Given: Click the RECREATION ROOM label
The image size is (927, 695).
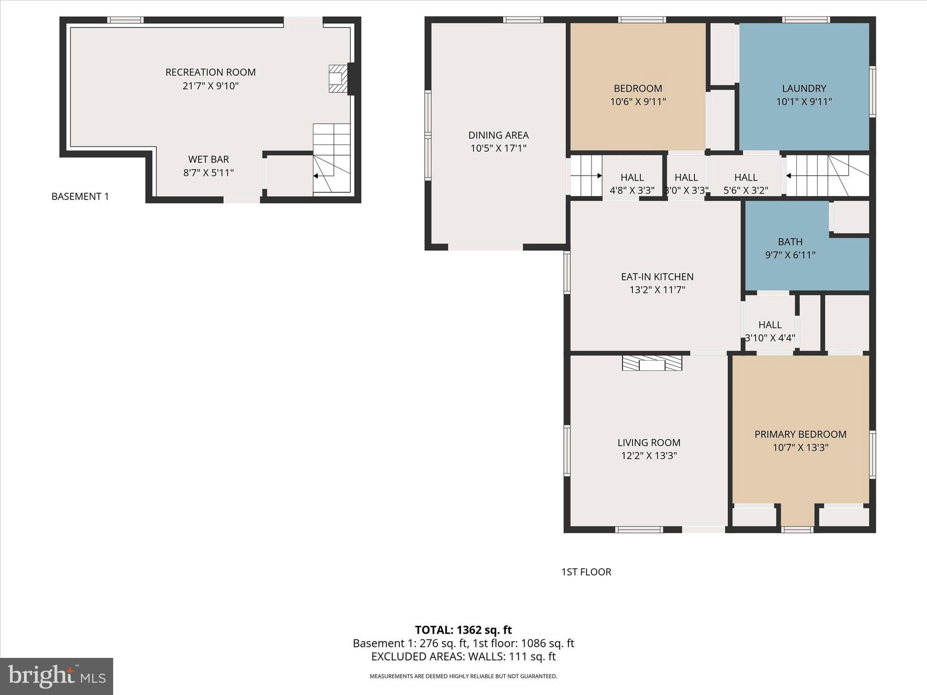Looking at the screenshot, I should [210, 72].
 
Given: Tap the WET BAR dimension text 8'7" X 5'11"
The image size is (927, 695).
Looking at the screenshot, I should [208, 173].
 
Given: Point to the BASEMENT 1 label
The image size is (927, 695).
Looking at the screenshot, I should [80, 196].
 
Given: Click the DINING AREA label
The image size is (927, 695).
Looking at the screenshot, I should [498, 135].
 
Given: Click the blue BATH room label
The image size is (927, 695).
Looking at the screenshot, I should [790, 242].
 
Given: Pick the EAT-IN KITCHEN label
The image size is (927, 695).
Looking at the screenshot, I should [657, 276].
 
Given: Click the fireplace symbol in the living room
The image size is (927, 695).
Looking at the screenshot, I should [652, 363].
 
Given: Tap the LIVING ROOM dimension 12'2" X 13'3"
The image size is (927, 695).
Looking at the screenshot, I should [649, 456].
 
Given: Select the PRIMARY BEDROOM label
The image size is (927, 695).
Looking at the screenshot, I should [800, 434].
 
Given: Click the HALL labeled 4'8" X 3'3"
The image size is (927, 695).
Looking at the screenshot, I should [632, 184].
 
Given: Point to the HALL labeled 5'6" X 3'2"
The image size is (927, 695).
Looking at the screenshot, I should [745, 184].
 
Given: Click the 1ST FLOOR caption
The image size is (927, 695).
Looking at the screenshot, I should [586, 572].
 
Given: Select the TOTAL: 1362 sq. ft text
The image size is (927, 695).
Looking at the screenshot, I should [463, 630].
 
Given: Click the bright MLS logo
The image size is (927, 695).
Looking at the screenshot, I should [57, 676].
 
